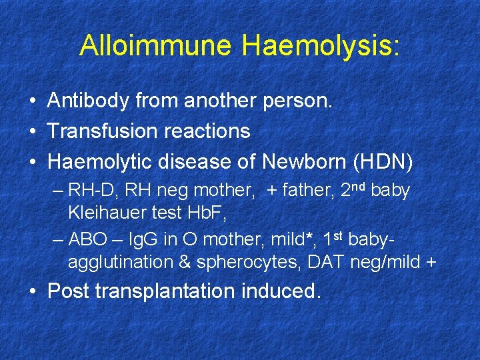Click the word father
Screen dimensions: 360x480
click(x=309, y=191)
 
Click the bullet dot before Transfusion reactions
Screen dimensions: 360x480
click(x=32, y=131)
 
